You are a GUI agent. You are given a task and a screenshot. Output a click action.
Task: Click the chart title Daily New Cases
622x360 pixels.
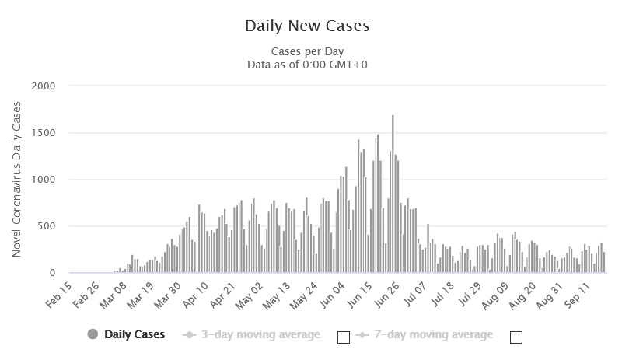307,26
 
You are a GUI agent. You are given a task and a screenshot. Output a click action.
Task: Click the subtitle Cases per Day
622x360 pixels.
307,51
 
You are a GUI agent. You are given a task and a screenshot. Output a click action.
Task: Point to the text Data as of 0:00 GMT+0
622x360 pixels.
307,65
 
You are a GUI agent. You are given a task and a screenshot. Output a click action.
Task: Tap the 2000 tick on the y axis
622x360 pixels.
45,86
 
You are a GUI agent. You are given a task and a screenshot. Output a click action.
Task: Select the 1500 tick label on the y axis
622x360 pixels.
45,133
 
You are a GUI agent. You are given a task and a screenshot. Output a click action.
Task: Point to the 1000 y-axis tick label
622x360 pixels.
45,180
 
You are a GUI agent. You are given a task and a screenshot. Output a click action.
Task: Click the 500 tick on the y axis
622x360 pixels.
49,226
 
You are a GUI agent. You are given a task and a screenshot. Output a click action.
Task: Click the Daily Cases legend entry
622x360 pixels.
128,335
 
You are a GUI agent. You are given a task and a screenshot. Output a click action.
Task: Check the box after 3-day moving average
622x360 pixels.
343,337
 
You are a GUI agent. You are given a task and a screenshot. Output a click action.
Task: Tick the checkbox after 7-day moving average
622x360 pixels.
515,337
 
